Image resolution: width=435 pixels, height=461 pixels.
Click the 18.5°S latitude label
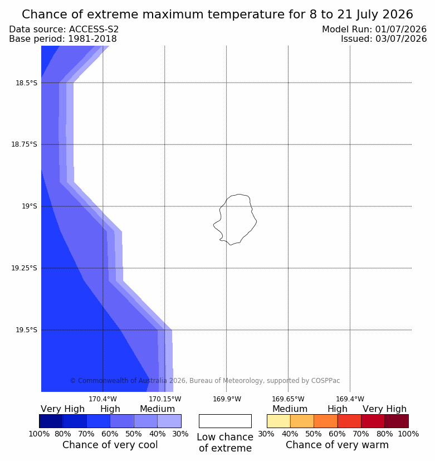(26, 83)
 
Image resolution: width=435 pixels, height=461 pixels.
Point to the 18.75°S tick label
(24, 144)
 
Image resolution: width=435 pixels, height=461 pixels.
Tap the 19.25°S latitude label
(24, 268)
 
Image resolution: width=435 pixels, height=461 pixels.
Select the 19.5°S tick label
(26, 330)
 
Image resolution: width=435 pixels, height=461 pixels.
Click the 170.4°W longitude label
(103, 399)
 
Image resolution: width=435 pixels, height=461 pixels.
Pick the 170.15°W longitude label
(165, 399)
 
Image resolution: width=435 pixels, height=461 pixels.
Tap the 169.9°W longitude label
(227, 399)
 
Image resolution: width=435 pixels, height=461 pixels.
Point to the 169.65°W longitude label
(288, 399)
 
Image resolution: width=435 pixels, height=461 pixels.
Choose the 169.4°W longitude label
(350, 399)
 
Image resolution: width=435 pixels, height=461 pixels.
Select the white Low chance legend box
(225, 421)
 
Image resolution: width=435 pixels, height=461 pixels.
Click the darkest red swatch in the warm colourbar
(397, 421)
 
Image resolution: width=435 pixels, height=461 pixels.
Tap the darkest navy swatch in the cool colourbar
(51, 421)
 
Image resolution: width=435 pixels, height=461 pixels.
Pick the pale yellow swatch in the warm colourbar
(278, 421)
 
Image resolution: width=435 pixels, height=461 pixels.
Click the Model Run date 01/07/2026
(401, 30)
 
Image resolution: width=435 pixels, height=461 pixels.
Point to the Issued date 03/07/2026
(401, 39)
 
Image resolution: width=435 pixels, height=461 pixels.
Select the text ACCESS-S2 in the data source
(94, 30)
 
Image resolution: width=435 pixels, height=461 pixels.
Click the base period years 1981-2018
(92, 39)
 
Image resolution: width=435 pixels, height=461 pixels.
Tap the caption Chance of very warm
(337, 445)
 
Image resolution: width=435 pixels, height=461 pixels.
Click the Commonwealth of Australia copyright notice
(205, 381)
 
